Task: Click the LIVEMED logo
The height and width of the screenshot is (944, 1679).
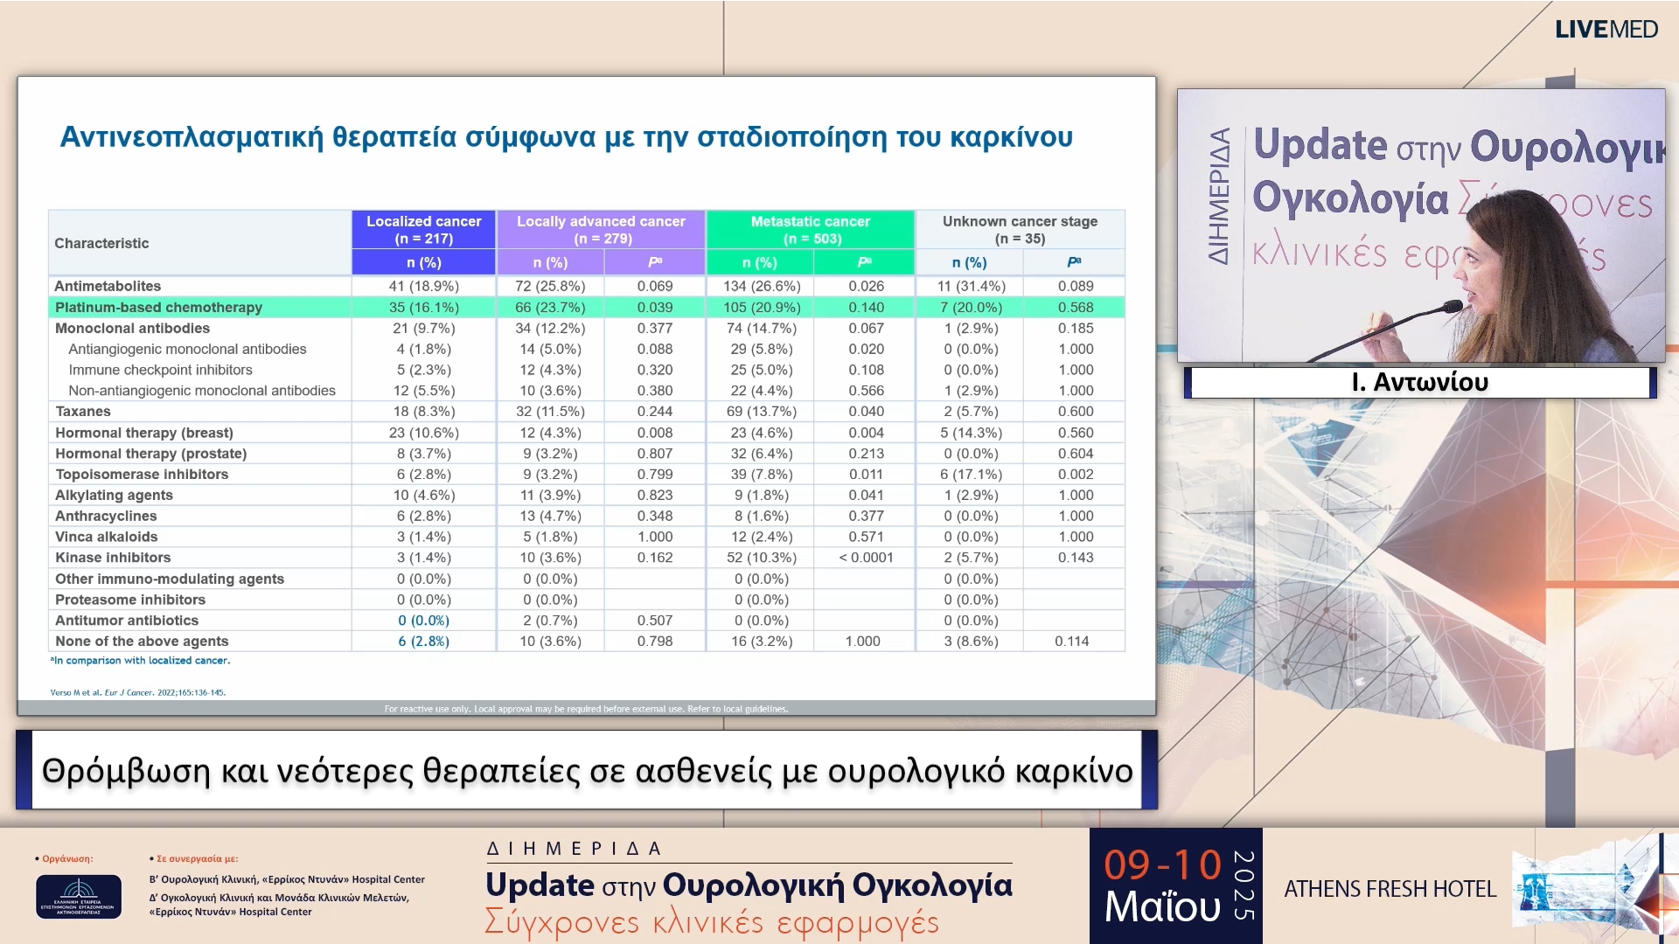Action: tap(1606, 30)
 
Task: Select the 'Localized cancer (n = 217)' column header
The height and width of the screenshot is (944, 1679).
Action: tap(423, 230)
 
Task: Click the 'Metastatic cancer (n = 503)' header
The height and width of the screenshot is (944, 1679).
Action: tap(810, 230)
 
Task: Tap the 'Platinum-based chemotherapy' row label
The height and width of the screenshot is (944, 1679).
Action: tap(158, 308)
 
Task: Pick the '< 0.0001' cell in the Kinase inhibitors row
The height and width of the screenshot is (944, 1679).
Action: tap(866, 558)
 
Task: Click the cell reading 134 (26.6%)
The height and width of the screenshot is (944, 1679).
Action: tap(761, 286)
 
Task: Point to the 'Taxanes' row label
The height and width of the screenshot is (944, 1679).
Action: tap(83, 412)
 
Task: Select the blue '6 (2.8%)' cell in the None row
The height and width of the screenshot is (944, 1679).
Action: tap(423, 642)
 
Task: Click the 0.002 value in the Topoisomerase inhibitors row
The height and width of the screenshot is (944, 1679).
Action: tap(1075, 475)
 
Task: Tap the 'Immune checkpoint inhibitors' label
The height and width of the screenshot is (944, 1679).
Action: tap(160, 370)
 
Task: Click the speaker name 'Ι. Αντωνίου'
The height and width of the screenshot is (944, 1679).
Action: tap(1419, 383)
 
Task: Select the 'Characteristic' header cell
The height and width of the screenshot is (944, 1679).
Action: tap(101, 243)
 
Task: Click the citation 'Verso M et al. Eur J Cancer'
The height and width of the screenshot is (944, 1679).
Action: tap(137, 692)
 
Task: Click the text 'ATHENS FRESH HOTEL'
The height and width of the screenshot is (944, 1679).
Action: tap(1390, 889)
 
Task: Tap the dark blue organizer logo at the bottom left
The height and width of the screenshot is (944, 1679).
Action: tap(79, 896)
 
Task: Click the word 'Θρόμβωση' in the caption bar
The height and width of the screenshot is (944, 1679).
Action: tap(126, 771)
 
